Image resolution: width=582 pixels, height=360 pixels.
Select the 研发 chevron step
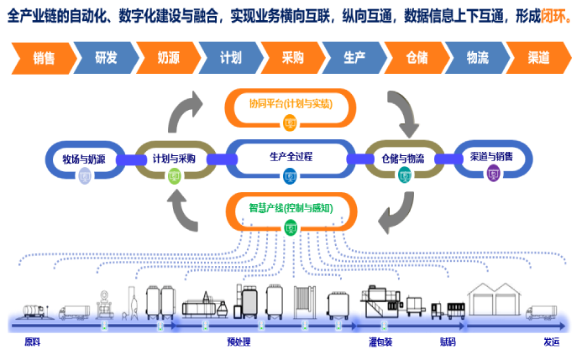[106, 58]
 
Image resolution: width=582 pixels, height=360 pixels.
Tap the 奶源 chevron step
[168, 58]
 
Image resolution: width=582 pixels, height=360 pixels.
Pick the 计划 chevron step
[230, 58]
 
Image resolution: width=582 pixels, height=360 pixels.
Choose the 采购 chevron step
[291, 58]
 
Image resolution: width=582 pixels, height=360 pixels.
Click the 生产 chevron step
[354, 58]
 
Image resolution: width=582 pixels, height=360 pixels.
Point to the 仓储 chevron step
[416, 58]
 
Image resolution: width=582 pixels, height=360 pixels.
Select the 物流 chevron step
[478, 58]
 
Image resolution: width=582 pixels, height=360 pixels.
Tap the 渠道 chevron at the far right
[538, 58]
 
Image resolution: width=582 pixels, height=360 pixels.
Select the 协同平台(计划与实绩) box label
[291, 104]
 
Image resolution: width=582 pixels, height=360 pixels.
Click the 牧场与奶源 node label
[84, 159]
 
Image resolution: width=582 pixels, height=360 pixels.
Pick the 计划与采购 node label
[174, 158]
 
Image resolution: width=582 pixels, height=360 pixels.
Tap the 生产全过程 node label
[291, 156]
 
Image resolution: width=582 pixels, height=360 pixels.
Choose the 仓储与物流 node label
[404, 158]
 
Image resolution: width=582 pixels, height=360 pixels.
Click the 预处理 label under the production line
[239, 342]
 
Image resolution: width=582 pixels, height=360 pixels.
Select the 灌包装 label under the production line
[380, 342]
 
